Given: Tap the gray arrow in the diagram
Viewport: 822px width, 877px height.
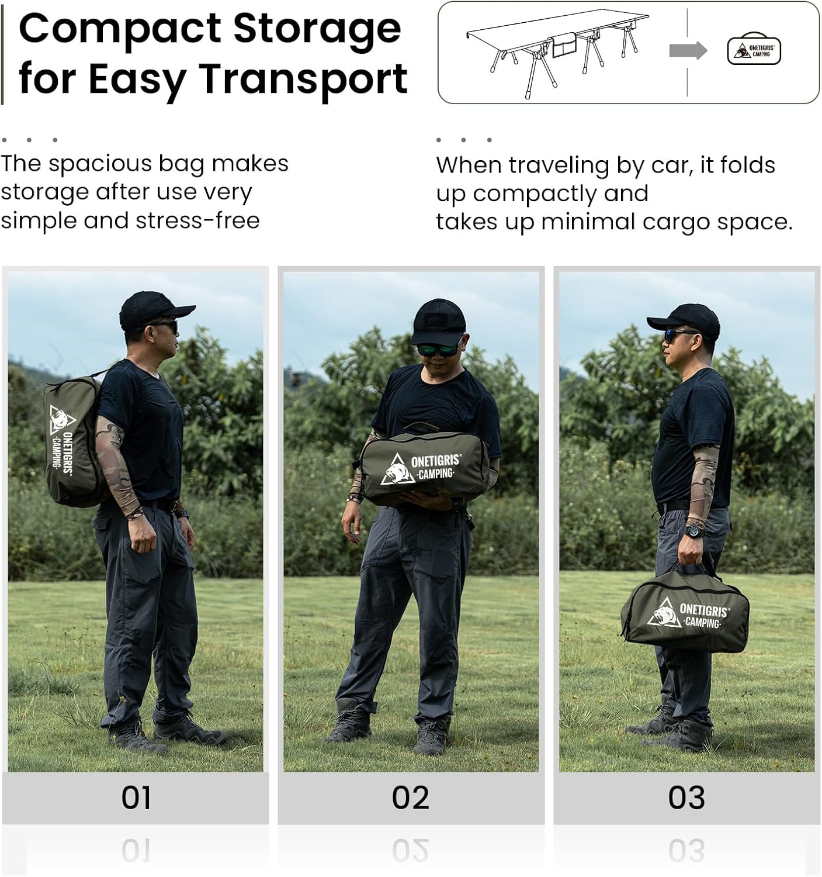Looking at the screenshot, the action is [688, 50].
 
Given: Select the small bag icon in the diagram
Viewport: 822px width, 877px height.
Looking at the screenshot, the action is [754, 49].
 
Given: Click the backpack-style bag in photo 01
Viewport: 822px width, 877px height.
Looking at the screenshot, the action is [73, 440].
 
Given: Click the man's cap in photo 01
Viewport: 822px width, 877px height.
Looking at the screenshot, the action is [155, 309].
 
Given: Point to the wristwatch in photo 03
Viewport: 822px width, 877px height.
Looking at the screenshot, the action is [695, 530].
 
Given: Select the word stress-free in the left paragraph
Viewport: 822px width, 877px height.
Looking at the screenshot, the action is [198, 220].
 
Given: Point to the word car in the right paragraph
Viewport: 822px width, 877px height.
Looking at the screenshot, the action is [670, 165].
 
